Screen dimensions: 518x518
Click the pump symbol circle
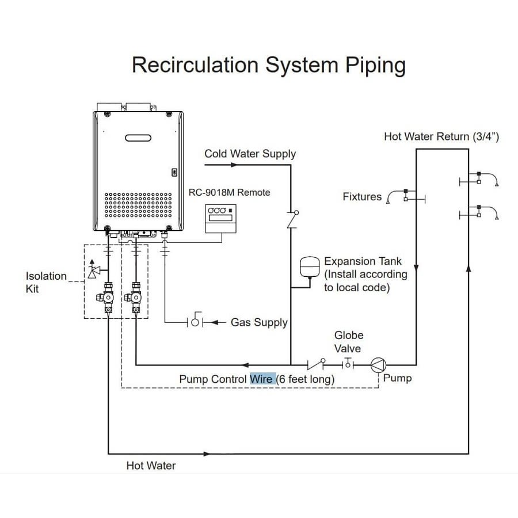tap(378, 364)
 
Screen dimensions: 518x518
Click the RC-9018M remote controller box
tap(220, 218)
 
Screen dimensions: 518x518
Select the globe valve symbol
tap(348, 364)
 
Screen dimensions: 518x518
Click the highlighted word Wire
tap(261, 379)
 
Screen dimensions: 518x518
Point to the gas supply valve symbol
tap(195, 322)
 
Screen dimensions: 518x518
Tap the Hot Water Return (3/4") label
tap(441, 137)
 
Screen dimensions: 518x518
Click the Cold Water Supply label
tap(250, 154)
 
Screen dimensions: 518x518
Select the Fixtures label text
tap(362, 197)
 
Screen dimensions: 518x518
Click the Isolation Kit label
tap(46, 282)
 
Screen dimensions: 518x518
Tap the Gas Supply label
tap(259, 322)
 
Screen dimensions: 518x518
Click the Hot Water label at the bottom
tap(151, 465)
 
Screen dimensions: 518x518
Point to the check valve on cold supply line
tap(292, 219)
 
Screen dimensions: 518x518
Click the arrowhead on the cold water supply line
tap(233, 165)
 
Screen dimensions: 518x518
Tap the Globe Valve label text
tap(348, 342)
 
